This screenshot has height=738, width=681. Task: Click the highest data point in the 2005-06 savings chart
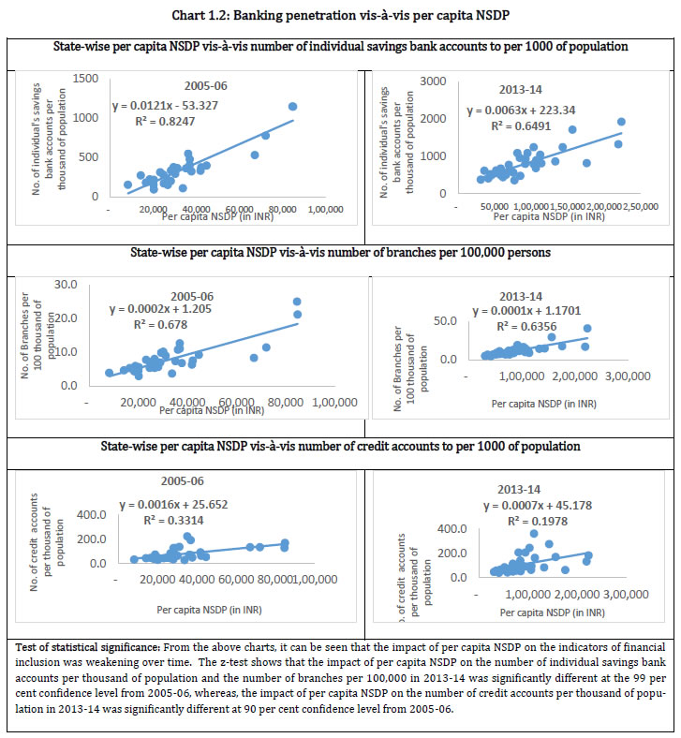tap(292, 107)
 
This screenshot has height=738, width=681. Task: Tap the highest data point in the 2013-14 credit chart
tap(534, 533)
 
